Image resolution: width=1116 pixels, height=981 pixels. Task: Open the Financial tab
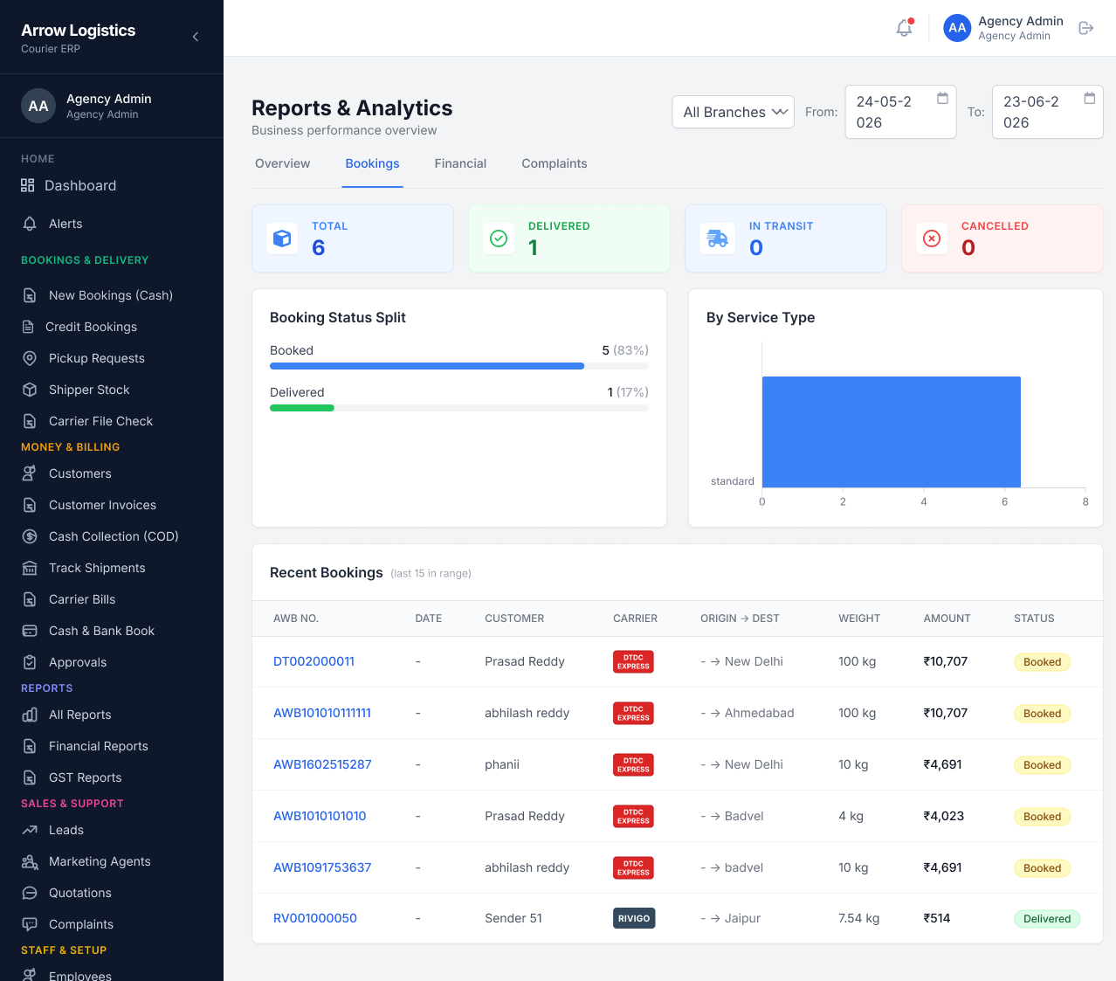[x=460, y=163]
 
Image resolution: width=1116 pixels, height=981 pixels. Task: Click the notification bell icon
[x=904, y=28]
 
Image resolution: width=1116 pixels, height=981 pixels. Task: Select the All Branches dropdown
[x=733, y=112]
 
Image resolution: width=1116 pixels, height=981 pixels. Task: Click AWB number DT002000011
[x=313, y=661]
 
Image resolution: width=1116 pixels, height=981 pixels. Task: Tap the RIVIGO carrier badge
[x=634, y=918]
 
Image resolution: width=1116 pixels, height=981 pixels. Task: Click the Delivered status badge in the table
[x=1047, y=919]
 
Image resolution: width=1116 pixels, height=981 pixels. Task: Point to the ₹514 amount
[x=936, y=918]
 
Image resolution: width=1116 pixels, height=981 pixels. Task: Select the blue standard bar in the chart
[x=892, y=432]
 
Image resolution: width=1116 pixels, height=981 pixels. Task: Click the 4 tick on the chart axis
[x=924, y=501]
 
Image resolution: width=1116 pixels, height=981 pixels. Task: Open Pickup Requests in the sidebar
[x=96, y=358]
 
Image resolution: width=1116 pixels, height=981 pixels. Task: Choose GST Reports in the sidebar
[x=85, y=777]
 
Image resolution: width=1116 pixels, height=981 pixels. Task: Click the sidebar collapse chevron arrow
[x=196, y=37]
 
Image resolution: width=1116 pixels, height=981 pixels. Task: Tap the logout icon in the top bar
[x=1085, y=28]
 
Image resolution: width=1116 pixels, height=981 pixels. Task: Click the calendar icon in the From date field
[x=942, y=98]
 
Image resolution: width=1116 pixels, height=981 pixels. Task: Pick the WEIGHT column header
[x=858, y=618]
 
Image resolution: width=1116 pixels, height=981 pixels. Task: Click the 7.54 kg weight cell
[x=858, y=918]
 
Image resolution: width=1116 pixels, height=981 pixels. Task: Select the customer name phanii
[x=502, y=764]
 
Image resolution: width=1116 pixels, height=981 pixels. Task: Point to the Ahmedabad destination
[x=759, y=713]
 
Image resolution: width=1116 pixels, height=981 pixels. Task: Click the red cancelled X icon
[x=932, y=238]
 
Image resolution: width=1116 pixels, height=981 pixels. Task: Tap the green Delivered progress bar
[x=302, y=408]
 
